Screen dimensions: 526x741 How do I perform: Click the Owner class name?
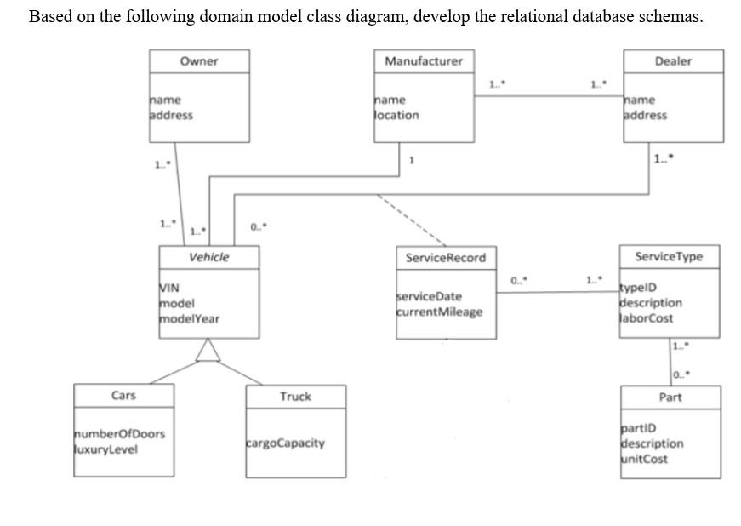(x=199, y=61)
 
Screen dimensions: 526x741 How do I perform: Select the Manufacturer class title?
(x=424, y=61)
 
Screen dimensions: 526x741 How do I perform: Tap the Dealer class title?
(x=673, y=61)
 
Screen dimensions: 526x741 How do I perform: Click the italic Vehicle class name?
(x=208, y=257)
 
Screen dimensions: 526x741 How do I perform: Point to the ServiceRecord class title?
(x=446, y=258)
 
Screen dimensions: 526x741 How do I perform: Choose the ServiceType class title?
(x=669, y=257)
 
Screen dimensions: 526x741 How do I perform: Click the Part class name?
(x=670, y=397)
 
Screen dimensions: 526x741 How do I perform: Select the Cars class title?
(x=123, y=396)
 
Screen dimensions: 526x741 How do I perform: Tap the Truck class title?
(x=295, y=397)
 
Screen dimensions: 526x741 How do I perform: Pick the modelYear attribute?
(x=190, y=318)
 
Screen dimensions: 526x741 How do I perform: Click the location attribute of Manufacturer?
(x=397, y=115)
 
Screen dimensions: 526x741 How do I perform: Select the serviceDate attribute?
(x=430, y=296)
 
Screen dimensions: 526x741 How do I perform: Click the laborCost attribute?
(x=647, y=318)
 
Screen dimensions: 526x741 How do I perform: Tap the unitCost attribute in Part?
(x=645, y=459)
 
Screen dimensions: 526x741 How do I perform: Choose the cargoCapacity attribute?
(x=285, y=443)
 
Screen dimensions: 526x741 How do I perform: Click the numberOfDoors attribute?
(x=120, y=434)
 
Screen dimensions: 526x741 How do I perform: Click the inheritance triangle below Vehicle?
(x=208, y=350)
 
